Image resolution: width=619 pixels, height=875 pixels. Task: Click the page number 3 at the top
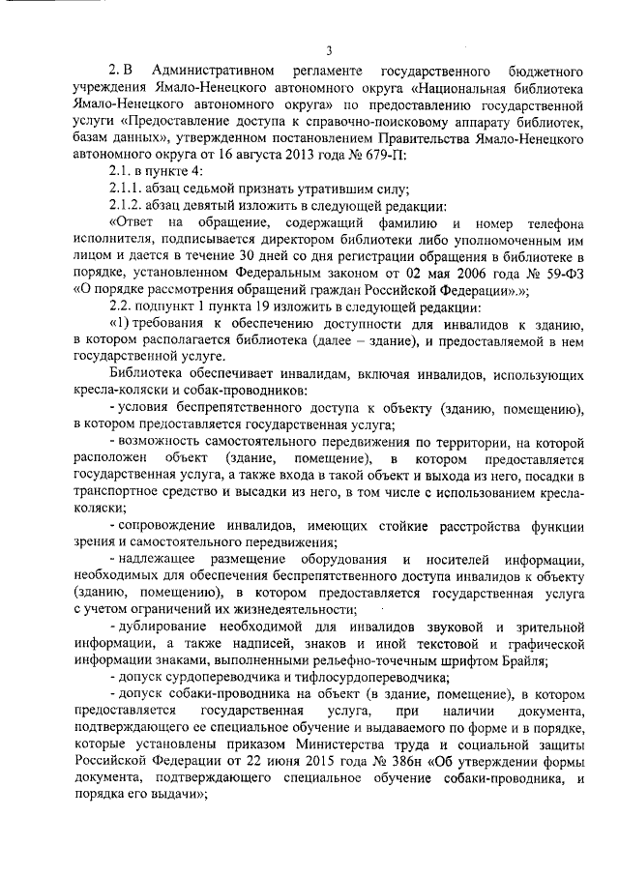tap(329, 50)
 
